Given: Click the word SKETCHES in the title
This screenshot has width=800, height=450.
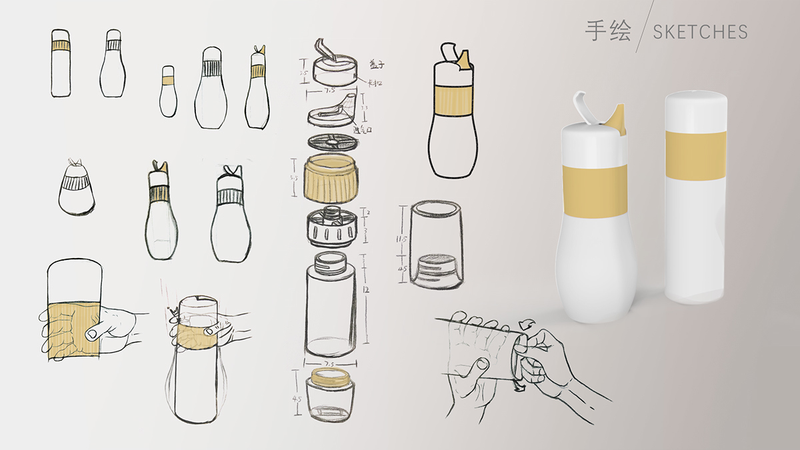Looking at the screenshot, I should [x=700, y=32].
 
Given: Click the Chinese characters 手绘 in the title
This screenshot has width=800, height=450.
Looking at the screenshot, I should [x=607, y=31].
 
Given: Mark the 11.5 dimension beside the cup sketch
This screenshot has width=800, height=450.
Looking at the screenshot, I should [x=403, y=238].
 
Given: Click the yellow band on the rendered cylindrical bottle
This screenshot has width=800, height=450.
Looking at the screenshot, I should [x=695, y=156].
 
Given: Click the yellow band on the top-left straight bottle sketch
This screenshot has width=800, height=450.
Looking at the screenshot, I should [x=61, y=46].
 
